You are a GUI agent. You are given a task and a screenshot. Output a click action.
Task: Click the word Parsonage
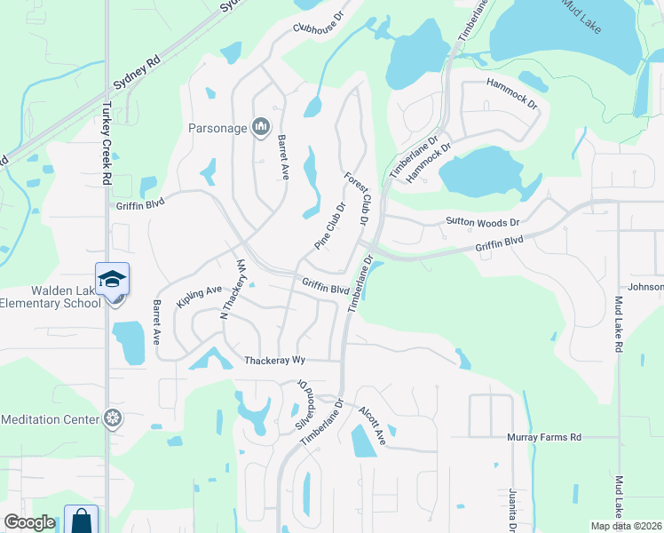click(x=217, y=128)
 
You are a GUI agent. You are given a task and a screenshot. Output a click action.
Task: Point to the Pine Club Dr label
click(x=328, y=227)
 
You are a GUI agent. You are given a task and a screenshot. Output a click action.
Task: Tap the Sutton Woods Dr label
click(x=483, y=221)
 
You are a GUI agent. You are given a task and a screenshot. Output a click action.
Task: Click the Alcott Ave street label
click(x=372, y=426)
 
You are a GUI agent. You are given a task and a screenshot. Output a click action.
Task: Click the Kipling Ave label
click(x=199, y=296)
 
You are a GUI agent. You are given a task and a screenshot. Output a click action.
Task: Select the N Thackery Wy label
click(x=233, y=289)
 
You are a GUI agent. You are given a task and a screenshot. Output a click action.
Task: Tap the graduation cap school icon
click(x=113, y=279)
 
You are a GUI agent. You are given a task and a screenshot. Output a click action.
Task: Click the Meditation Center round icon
click(x=113, y=418)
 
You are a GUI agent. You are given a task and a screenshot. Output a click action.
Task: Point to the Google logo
click(x=29, y=522)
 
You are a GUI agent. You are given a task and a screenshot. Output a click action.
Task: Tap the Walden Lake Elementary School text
click(x=51, y=297)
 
